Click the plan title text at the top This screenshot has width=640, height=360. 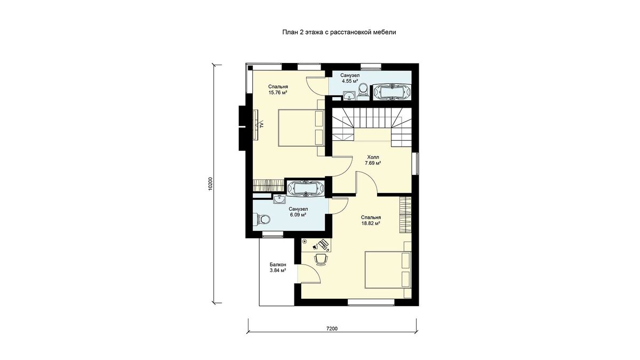339,33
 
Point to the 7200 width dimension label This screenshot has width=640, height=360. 332,329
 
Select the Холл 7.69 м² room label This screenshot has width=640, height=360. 373,161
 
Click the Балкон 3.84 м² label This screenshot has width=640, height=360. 278,268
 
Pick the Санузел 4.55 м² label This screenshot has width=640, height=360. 350,78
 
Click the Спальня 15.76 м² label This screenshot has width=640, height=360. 278,90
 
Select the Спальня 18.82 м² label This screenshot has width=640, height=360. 371,220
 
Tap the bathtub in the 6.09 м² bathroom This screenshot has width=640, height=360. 305,189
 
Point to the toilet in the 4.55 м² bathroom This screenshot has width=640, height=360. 363,92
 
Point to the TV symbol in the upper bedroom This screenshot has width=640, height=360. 61,125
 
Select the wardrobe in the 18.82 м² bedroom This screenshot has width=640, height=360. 405,215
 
